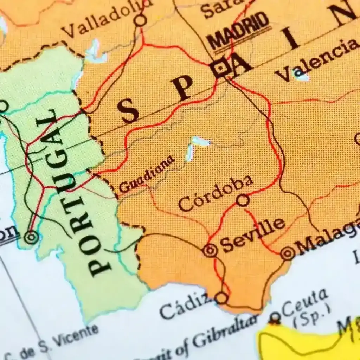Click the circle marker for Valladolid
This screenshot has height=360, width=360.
coord(141,20)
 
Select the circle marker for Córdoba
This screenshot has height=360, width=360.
coord(243,200)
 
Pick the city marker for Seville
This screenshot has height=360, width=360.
coord(210,251)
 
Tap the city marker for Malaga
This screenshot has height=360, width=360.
coord(288,252)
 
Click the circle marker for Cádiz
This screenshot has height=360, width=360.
coord(221,298)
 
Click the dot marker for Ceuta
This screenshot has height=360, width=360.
coord(275,318)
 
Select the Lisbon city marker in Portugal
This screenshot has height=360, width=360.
coord(31,237)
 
